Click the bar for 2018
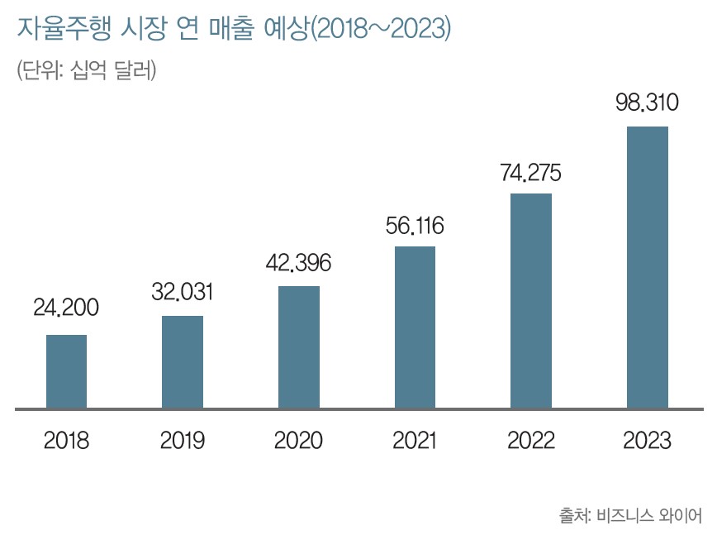(66, 371)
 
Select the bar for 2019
(183, 362)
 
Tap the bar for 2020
(299, 347)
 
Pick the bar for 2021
(415, 327)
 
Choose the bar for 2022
(531, 301)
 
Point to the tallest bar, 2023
(648, 267)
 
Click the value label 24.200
(66, 308)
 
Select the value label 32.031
(183, 291)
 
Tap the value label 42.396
(298, 263)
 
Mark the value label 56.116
(415, 226)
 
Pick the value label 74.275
(531, 173)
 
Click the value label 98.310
(647, 103)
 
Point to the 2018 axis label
(66, 440)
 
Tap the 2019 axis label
(183, 440)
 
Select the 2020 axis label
(298, 440)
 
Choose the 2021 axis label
(415, 440)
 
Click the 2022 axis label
(531, 440)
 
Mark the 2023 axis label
(648, 440)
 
